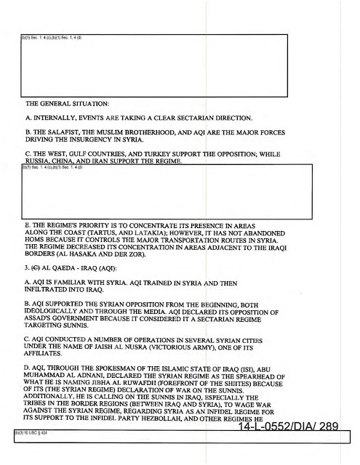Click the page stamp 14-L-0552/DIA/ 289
(281, 426)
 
